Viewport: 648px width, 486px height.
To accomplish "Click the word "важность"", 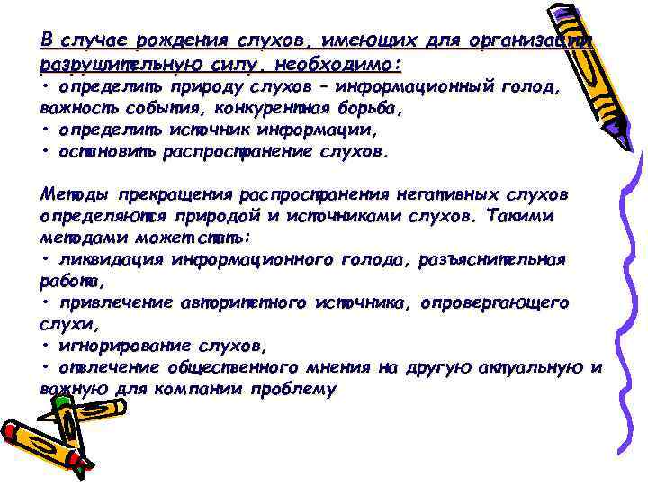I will (75, 108).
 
